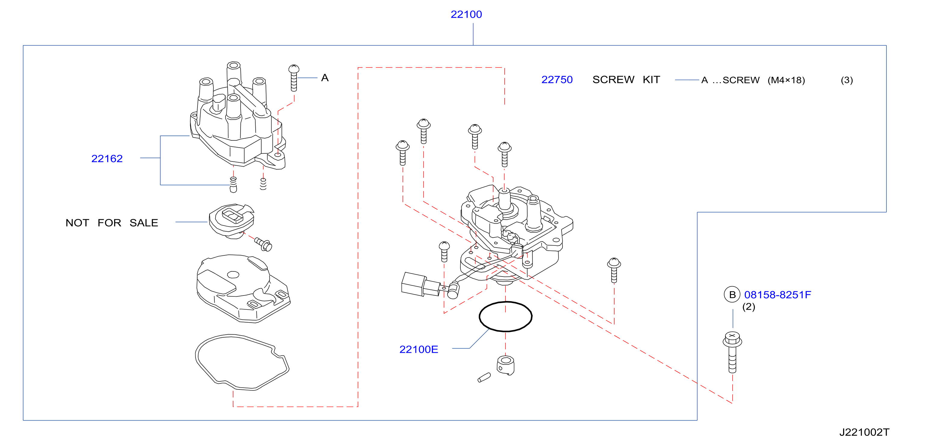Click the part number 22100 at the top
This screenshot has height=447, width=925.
466,14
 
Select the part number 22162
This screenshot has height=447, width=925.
107,158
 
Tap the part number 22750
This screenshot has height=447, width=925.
557,80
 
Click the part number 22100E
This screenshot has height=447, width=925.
419,349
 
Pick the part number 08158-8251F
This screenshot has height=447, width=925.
777,295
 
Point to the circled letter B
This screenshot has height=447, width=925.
732,295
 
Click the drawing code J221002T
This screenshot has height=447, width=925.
864,432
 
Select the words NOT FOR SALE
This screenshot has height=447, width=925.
112,223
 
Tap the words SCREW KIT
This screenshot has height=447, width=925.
626,80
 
